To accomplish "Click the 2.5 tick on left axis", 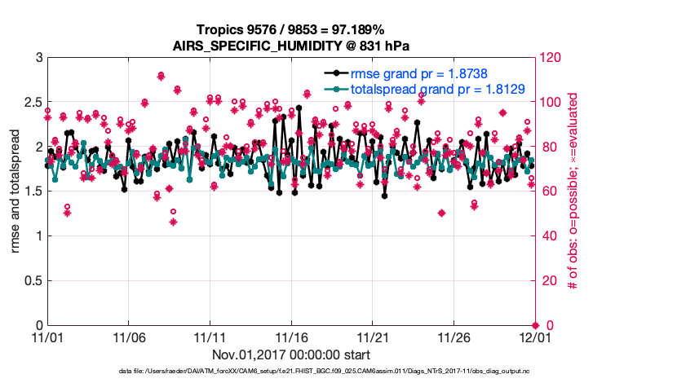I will pos(33,103).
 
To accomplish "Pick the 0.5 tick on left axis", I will pos(33,281).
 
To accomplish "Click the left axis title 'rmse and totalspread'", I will pos(15,191).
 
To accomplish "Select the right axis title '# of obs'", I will pos(573,191).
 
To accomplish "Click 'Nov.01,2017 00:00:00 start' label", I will pos(291,354).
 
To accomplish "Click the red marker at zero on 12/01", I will pos(534,325).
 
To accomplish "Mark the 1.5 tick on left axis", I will pos(33,191).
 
